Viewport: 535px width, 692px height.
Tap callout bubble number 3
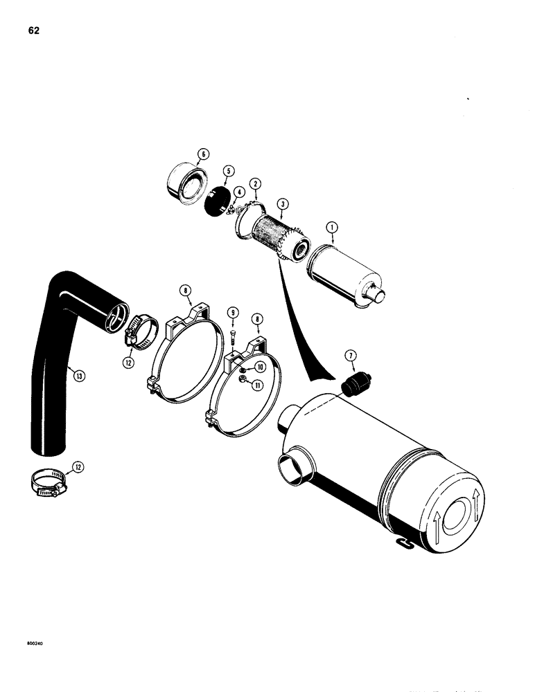282,204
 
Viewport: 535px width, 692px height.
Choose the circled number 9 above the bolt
234,313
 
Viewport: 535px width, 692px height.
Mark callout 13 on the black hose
80,376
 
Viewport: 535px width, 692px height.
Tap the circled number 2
256,183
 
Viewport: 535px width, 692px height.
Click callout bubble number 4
238,192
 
